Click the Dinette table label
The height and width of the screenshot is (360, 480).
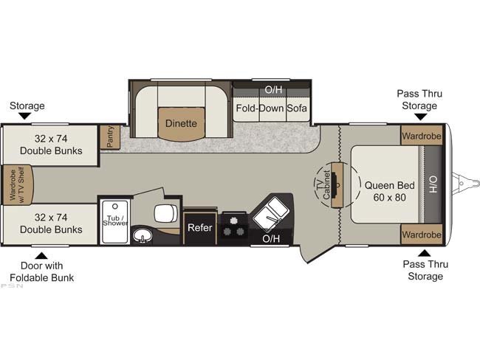181,123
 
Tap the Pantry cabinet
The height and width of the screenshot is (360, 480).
110,137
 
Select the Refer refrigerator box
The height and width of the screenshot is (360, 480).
200,228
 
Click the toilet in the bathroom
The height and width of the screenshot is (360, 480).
166,213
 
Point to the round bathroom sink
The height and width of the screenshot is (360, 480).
143,236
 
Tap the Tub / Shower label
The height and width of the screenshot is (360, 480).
115,221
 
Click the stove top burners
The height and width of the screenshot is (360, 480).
235,228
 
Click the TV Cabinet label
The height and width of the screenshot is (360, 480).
323,185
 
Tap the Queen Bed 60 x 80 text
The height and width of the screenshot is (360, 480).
389,192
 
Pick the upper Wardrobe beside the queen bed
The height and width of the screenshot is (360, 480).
422,136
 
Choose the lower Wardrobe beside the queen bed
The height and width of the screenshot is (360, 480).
422,235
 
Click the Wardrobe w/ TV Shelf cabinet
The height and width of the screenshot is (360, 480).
18,184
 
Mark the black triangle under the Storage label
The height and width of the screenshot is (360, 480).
25,116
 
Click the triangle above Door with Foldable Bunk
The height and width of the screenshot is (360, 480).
42,256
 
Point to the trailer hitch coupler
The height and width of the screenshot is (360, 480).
465,183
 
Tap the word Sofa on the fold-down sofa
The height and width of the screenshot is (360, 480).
297,108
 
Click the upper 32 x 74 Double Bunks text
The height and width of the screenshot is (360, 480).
51,145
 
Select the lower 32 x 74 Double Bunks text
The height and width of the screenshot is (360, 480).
51,224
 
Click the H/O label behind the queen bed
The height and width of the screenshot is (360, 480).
433,184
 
